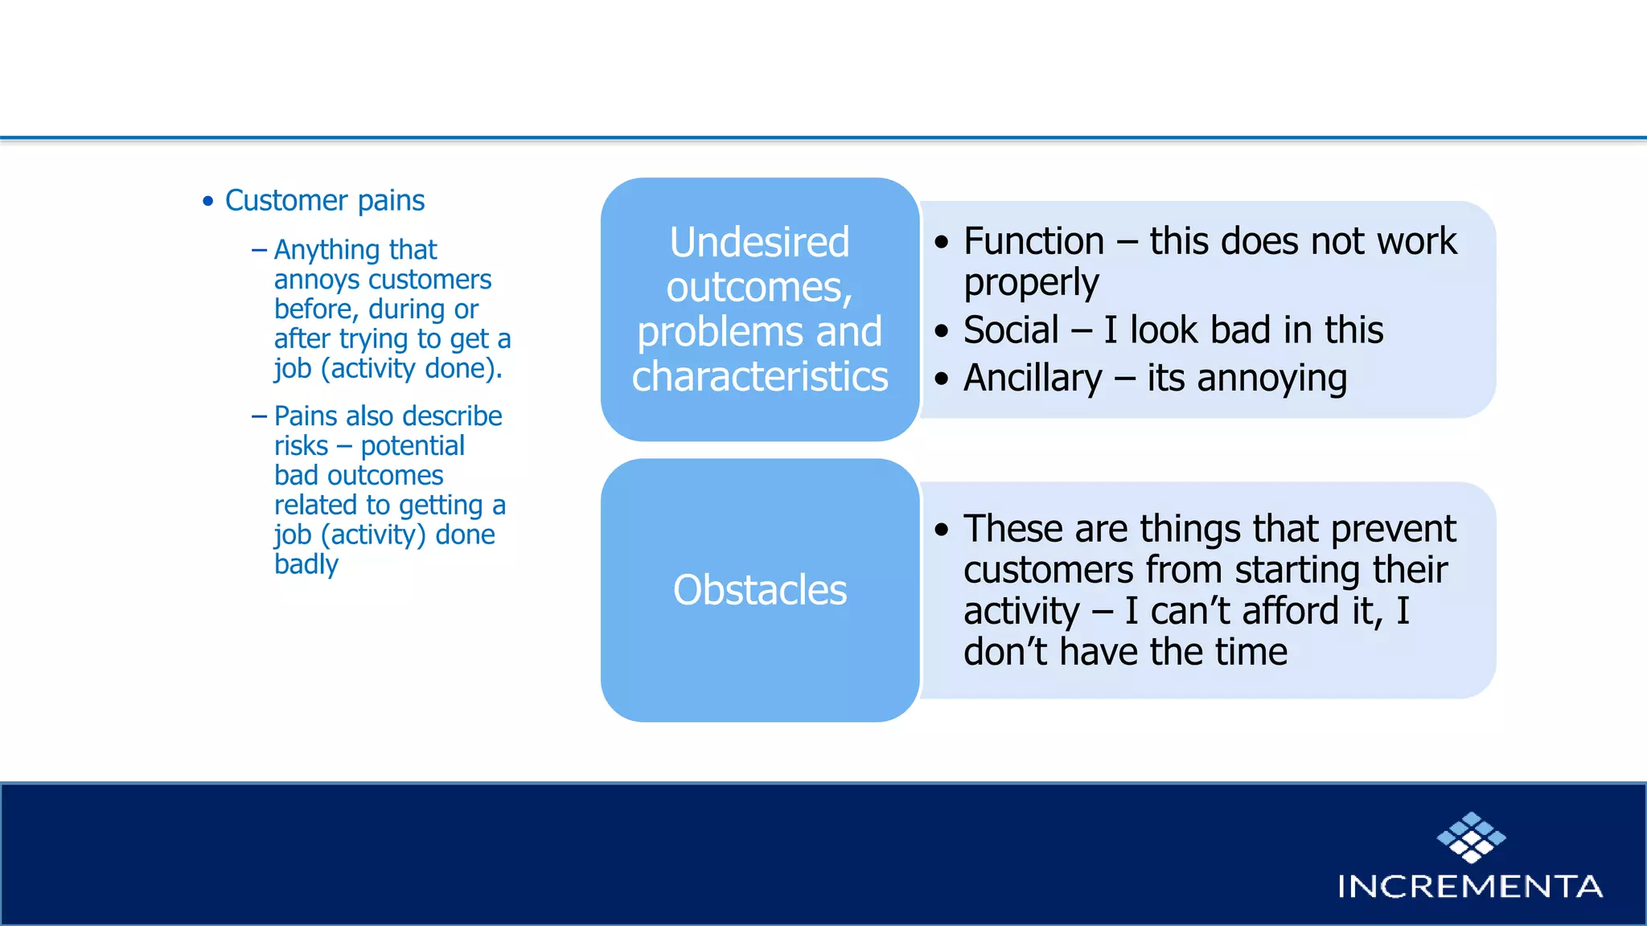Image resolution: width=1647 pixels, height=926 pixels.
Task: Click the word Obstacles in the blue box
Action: (x=759, y=590)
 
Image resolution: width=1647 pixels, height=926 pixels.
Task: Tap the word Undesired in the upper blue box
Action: (x=759, y=242)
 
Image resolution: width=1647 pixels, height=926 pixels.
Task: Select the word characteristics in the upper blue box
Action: (x=759, y=376)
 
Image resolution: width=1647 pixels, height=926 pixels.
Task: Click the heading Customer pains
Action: (x=324, y=200)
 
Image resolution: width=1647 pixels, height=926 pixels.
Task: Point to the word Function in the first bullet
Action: (x=1033, y=241)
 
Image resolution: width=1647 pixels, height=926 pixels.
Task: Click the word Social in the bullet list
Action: (x=1011, y=330)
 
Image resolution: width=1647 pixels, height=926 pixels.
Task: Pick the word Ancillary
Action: (x=1033, y=378)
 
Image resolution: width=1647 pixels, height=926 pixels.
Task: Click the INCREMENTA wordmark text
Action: (x=1470, y=887)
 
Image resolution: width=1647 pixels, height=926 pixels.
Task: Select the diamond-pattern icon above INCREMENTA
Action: (x=1471, y=837)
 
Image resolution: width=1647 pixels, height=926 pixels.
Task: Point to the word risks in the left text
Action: (x=301, y=446)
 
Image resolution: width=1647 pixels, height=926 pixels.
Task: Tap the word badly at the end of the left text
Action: (x=306, y=564)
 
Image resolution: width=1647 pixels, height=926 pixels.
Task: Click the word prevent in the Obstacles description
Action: (x=1393, y=529)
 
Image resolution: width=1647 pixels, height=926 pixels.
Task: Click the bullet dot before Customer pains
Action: (x=208, y=201)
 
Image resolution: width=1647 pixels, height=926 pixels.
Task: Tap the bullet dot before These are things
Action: (x=942, y=529)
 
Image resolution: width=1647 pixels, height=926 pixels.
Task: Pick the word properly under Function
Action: (x=1031, y=283)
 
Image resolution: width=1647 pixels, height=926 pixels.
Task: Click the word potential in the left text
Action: (x=413, y=446)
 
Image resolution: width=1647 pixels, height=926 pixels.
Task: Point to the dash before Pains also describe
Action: (x=259, y=416)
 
